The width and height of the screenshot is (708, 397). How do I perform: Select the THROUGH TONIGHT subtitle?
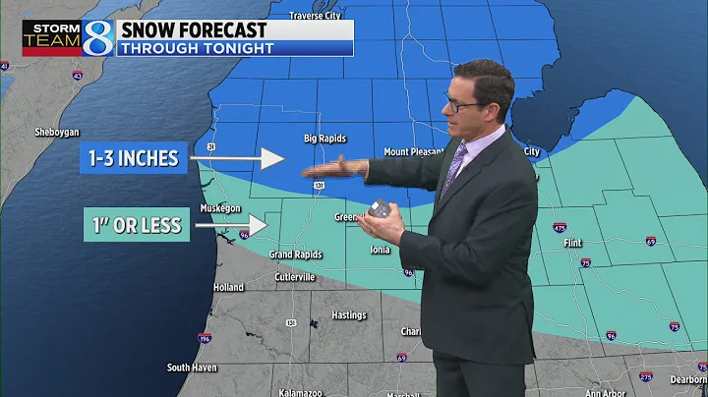(x=195, y=46)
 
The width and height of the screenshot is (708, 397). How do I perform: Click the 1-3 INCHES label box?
(x=134, y=158)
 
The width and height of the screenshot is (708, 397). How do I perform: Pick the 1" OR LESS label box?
(x=133, y=225)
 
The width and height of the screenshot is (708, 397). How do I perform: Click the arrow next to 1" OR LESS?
(x=232, y=225)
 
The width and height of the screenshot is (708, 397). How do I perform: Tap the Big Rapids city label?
(x=324, y=139)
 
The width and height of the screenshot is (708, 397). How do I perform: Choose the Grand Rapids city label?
(x=296, y=255)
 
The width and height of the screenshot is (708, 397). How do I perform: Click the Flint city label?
(x=573, y=243)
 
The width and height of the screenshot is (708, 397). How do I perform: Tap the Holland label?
(x=228, y=288)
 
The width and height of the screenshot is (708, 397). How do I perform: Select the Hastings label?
(x=349, y=315)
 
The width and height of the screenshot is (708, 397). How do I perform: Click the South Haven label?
(x=191, y=368)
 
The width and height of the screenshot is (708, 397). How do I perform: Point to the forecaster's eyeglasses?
(x=464, y=102)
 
